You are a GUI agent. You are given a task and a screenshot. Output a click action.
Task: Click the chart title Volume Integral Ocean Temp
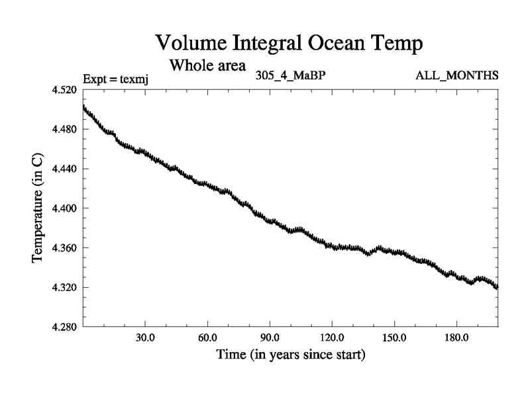289,44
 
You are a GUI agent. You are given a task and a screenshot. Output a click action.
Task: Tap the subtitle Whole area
207,66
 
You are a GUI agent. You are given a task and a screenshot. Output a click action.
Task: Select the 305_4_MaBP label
290,75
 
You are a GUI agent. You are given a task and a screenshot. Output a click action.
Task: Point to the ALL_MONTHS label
457,75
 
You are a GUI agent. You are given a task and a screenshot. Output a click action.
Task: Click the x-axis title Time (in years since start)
291,355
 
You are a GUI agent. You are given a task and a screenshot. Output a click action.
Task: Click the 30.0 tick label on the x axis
145,337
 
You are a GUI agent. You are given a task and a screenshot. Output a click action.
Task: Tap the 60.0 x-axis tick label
207,337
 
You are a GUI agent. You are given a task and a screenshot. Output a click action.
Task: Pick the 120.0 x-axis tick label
332,337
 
